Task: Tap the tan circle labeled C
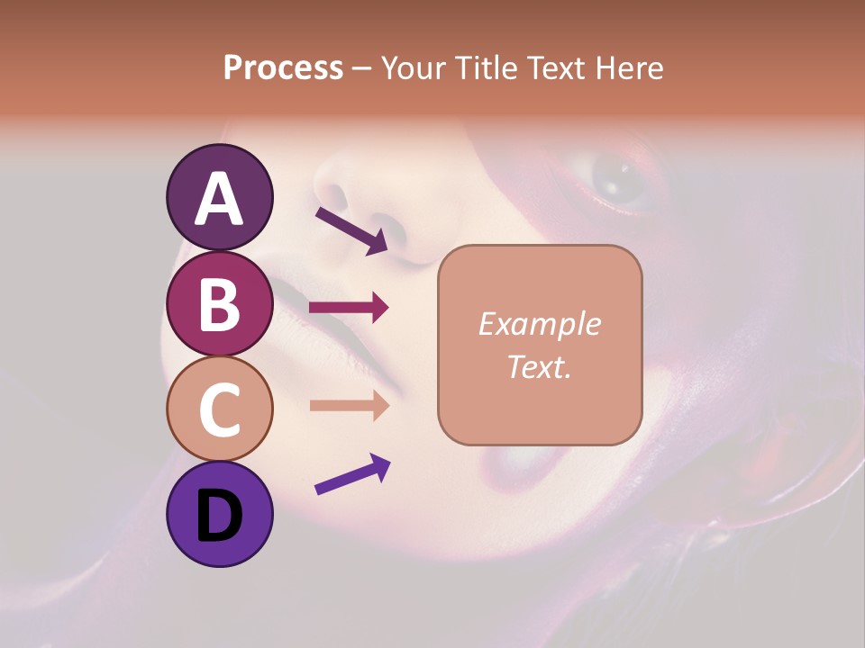[219, 409]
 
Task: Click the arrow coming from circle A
[351, 230]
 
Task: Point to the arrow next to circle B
[349, 307]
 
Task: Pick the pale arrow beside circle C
[349, 405]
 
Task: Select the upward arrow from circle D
[352, 474]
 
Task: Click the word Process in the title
[283, 67]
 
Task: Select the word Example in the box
[539, 324]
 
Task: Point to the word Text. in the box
[539, 366]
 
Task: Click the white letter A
[219, 198]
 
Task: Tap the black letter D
[219, 516]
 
